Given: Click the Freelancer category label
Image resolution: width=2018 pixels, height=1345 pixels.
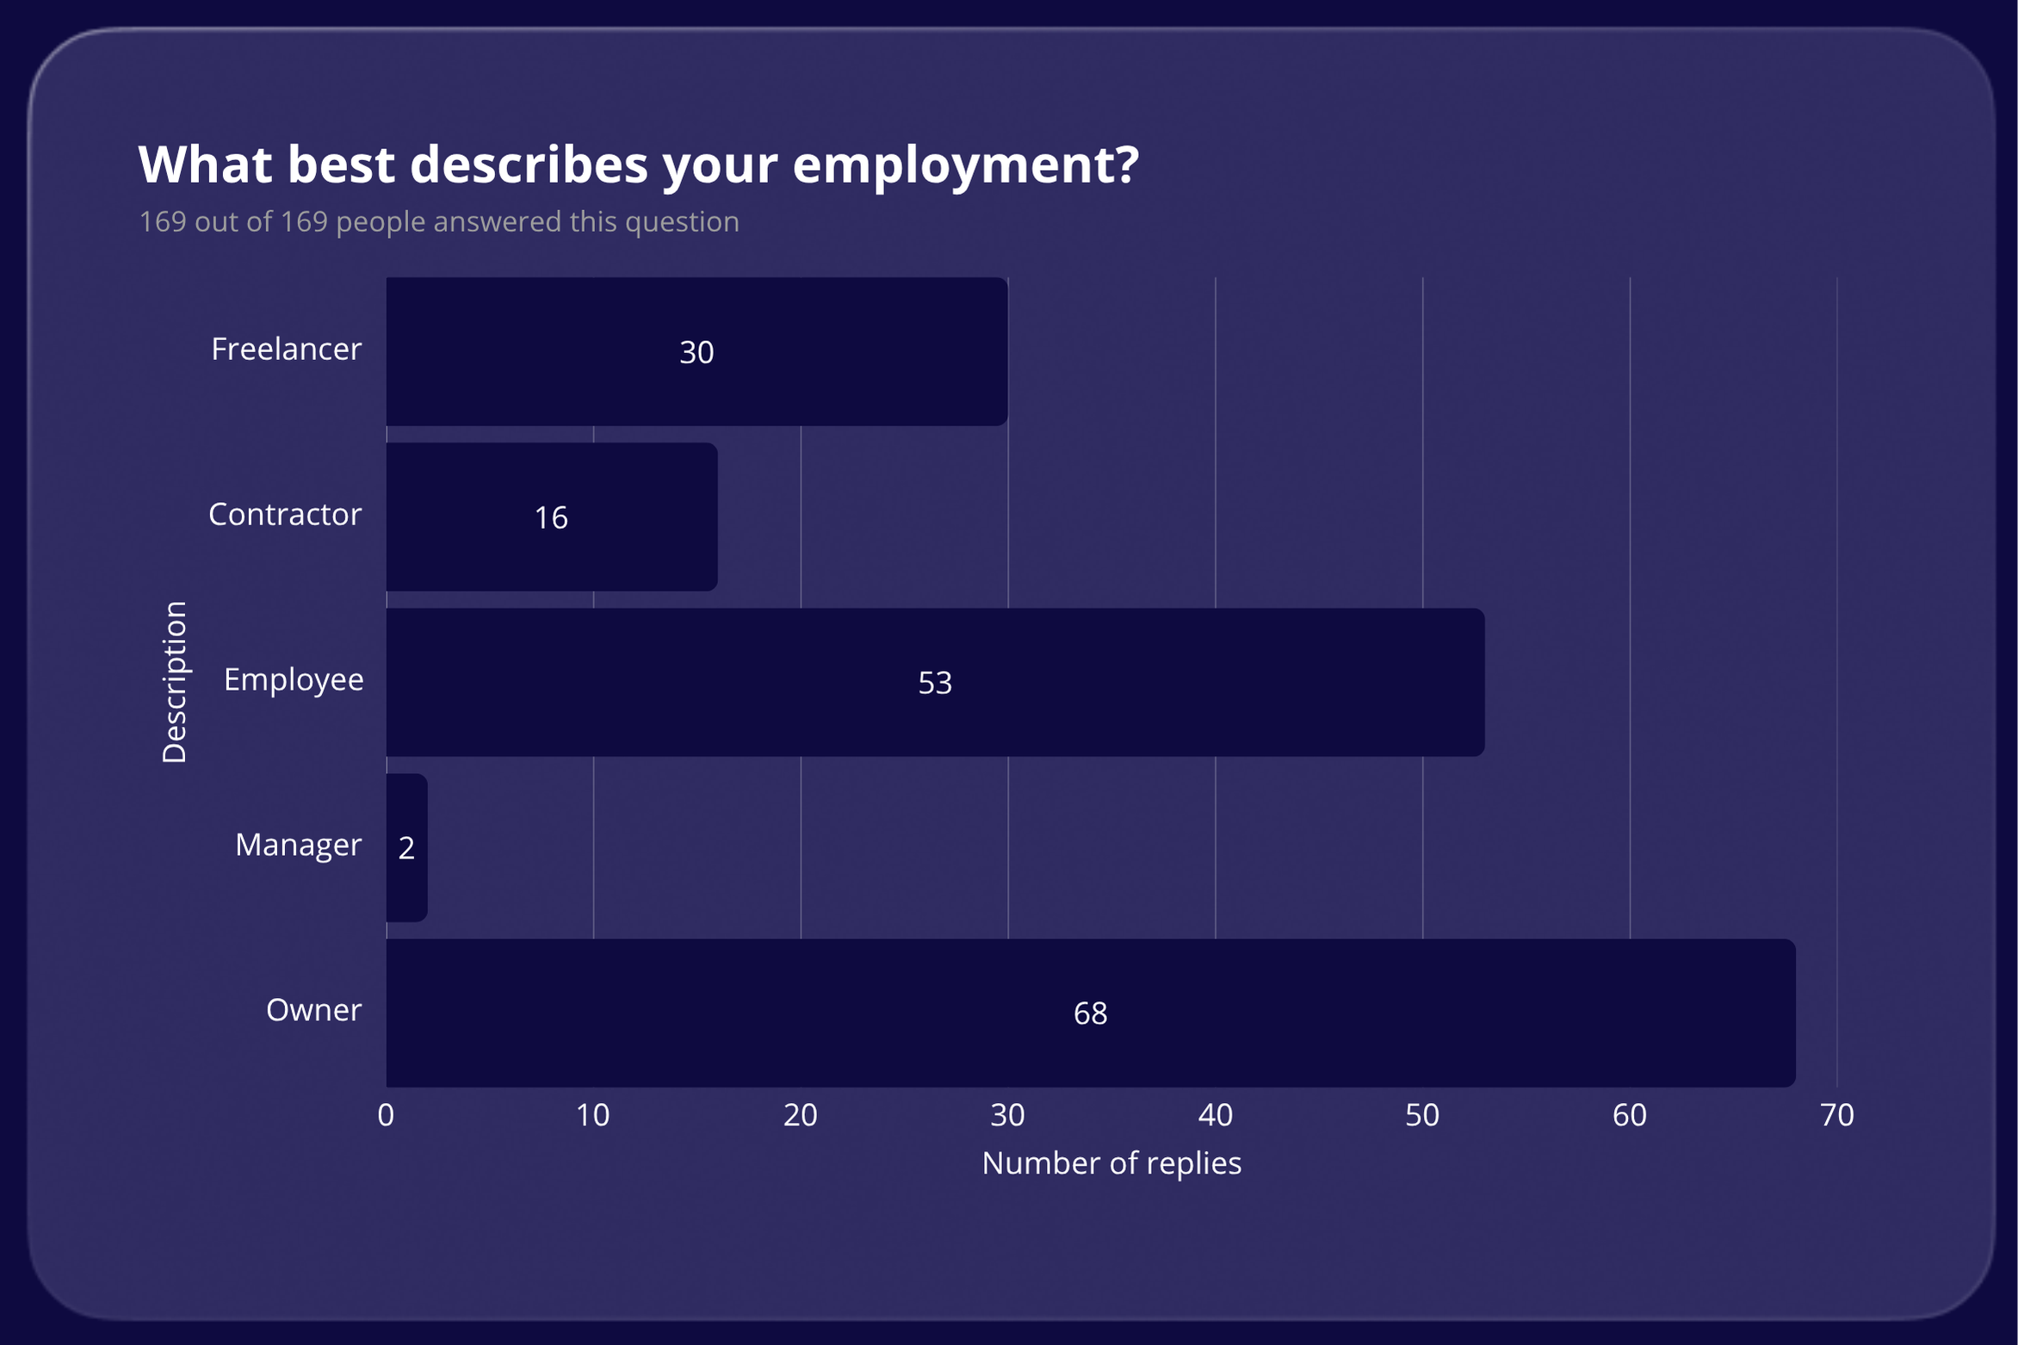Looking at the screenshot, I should pyautogui.click(x=286, y=349).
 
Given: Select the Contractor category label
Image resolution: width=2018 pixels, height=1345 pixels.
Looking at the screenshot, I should pyautogui.click(x=284, y=514).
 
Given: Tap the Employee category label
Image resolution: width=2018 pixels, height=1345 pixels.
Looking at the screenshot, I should pyautogui.click(x=293, y=679).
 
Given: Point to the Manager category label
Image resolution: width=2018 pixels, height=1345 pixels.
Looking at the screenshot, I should pyautogui.click(x=298, y=845).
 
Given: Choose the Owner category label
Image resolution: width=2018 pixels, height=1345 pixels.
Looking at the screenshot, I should pyautogui.click(x=313, y=1010).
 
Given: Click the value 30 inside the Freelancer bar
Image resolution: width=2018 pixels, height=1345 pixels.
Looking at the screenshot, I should pyautogui.click(x=696, y=352).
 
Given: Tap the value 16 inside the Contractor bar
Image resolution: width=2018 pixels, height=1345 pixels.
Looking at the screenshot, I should pyautogui.click(x=551, y=518).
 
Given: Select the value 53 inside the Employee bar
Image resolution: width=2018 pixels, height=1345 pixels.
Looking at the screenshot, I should pyautogui.click(x=935, y=683).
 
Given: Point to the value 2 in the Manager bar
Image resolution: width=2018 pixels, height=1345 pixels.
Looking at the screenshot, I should pyautogui.click(x=406, y=848).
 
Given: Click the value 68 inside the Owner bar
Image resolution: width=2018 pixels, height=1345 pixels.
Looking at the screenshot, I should pyautogui.click(x=1090, y=1013).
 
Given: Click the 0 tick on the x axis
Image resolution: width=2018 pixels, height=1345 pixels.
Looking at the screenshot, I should pyautogui.click(x=386, y=1115).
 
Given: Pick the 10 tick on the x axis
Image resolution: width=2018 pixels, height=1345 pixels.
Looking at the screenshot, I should pyautogui.click(x=592, y=1115).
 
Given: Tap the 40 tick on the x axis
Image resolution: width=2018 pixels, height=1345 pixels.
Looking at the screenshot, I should pyautogui.click(x=1215, y=1115).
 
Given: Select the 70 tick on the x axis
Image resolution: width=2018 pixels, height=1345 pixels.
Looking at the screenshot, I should pyautogui.click(x=1836, y=1115).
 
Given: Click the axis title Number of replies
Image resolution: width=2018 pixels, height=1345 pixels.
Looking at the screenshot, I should pyautogui.click(x=1111, y=1163).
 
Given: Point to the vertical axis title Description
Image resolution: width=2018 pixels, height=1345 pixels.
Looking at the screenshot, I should pyautogui.click(x=174, y=682).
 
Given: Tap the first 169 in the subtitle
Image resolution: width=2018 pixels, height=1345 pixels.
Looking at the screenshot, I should pyautogui.click(x=163, y=222).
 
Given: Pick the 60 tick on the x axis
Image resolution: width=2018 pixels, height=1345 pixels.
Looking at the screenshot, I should pyautogui.click(x=1629, y=1115).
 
